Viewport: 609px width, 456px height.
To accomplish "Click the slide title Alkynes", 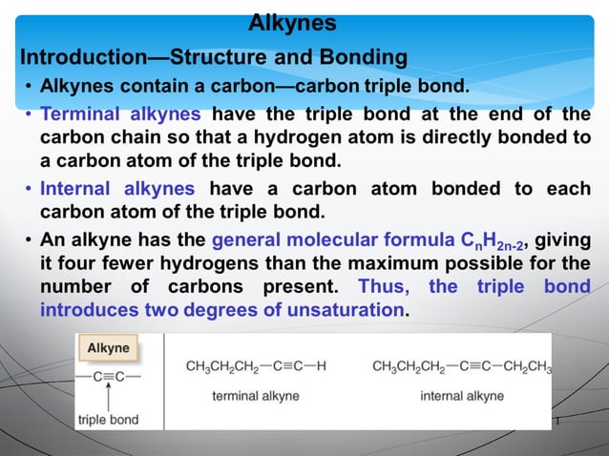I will pyautogui.click(x=292, y=22).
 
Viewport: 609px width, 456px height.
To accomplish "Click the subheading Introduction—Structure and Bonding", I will pyautogui.click(x=214, y=57).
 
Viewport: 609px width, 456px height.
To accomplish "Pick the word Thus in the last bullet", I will pyautogui.click(x=385, y=286).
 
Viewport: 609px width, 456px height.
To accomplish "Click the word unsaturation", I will pyautogui.click(x=337, y=309).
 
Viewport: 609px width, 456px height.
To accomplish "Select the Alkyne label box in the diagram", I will pyautogui.click(x=109, y=349).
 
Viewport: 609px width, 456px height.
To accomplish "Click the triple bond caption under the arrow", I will pyautogui.click(x=108, y=419).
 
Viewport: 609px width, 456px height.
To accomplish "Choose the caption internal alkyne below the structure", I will pyautogui.click(x=462, y=395).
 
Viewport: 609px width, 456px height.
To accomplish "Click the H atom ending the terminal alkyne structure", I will pyautogui.click(x=321, y=366).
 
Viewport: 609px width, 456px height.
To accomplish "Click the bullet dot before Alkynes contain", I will pyautogui.click(x=30, y=90).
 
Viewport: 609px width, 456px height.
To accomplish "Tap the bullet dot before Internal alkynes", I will pyautogui.click(x=30, y=189).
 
